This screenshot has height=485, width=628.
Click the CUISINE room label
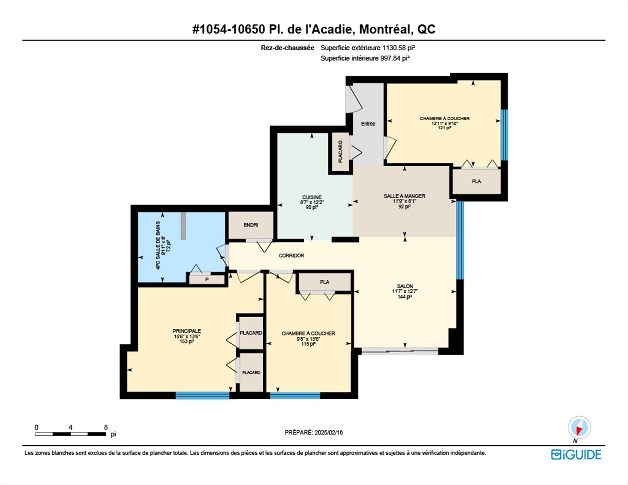click(x=312, y=197)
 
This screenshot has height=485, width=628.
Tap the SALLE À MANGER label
click(x=404, y=196)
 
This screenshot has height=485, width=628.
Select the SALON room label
click(x=405, y=286)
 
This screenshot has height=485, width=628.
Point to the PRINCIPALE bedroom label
click(x=187, y=331)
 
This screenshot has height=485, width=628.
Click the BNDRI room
click(x=251, y=225)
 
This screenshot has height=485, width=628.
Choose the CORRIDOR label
click(x=291, y=255)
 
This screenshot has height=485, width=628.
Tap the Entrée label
click(x=368, y=124)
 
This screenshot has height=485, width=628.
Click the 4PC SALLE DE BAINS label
click(x=158, y=245)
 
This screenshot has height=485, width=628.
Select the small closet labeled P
click(x=207, y=280)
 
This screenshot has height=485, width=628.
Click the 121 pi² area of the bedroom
click(x=445, y=128)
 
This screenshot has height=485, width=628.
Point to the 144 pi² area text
click(x=405, y=297)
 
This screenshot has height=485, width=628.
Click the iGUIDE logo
click(x=576, y=455)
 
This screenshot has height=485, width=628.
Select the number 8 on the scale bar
click(x=106, y=427)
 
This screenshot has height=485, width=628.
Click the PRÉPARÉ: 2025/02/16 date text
click(x=314, y=432)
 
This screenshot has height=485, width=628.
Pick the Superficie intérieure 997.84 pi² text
click(x=365, y=58)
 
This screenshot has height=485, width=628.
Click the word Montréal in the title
click(x=384, y=29)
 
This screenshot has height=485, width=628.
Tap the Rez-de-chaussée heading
click(x=287, y=48)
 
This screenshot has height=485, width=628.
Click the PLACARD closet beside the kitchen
click(x=340, y=152)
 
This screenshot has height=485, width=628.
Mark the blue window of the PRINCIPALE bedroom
click(x=202, y=395)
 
